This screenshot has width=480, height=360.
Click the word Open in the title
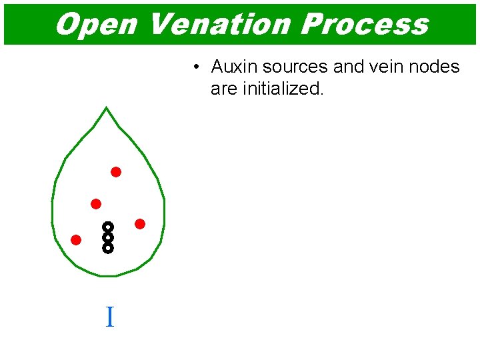click(x=96, y=24)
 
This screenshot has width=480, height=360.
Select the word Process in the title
click(x=365, y=24)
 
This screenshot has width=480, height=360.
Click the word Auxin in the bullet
click(x=234, y=67)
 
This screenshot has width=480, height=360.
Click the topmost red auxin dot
click(x=116, y=172)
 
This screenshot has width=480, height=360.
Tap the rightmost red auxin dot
click(x=140, y=224)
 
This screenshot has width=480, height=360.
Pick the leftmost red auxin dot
click(x=76, y=240)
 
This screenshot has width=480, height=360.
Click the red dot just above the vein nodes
click(x=96, y=204)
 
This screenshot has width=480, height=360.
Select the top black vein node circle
click(x=108, y=227)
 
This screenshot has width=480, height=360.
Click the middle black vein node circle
click(x=108, y=237)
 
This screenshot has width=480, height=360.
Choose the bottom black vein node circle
click(x=108, y=248)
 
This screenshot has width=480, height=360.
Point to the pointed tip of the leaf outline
click(x=106, y=108)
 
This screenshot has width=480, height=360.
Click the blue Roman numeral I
click(x=109, y=317)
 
